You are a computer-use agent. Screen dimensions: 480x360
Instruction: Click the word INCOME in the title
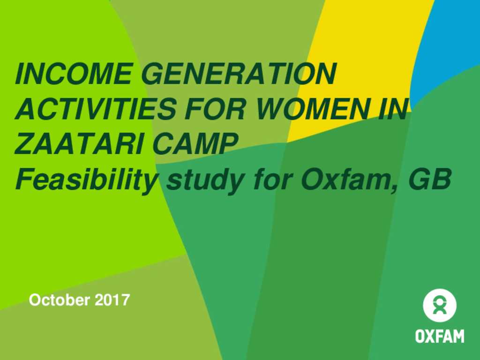[74, 74]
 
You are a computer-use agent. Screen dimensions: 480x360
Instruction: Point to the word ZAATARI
[79, 143]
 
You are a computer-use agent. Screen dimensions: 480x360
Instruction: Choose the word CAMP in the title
[195, 143]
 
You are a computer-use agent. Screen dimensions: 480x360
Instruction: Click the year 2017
[112, 300]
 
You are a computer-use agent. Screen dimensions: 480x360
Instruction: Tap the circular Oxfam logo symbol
[440, 305]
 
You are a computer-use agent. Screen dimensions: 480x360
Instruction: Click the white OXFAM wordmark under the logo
[440, 336]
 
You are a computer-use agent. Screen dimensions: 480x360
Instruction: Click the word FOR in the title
[215, 108]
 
